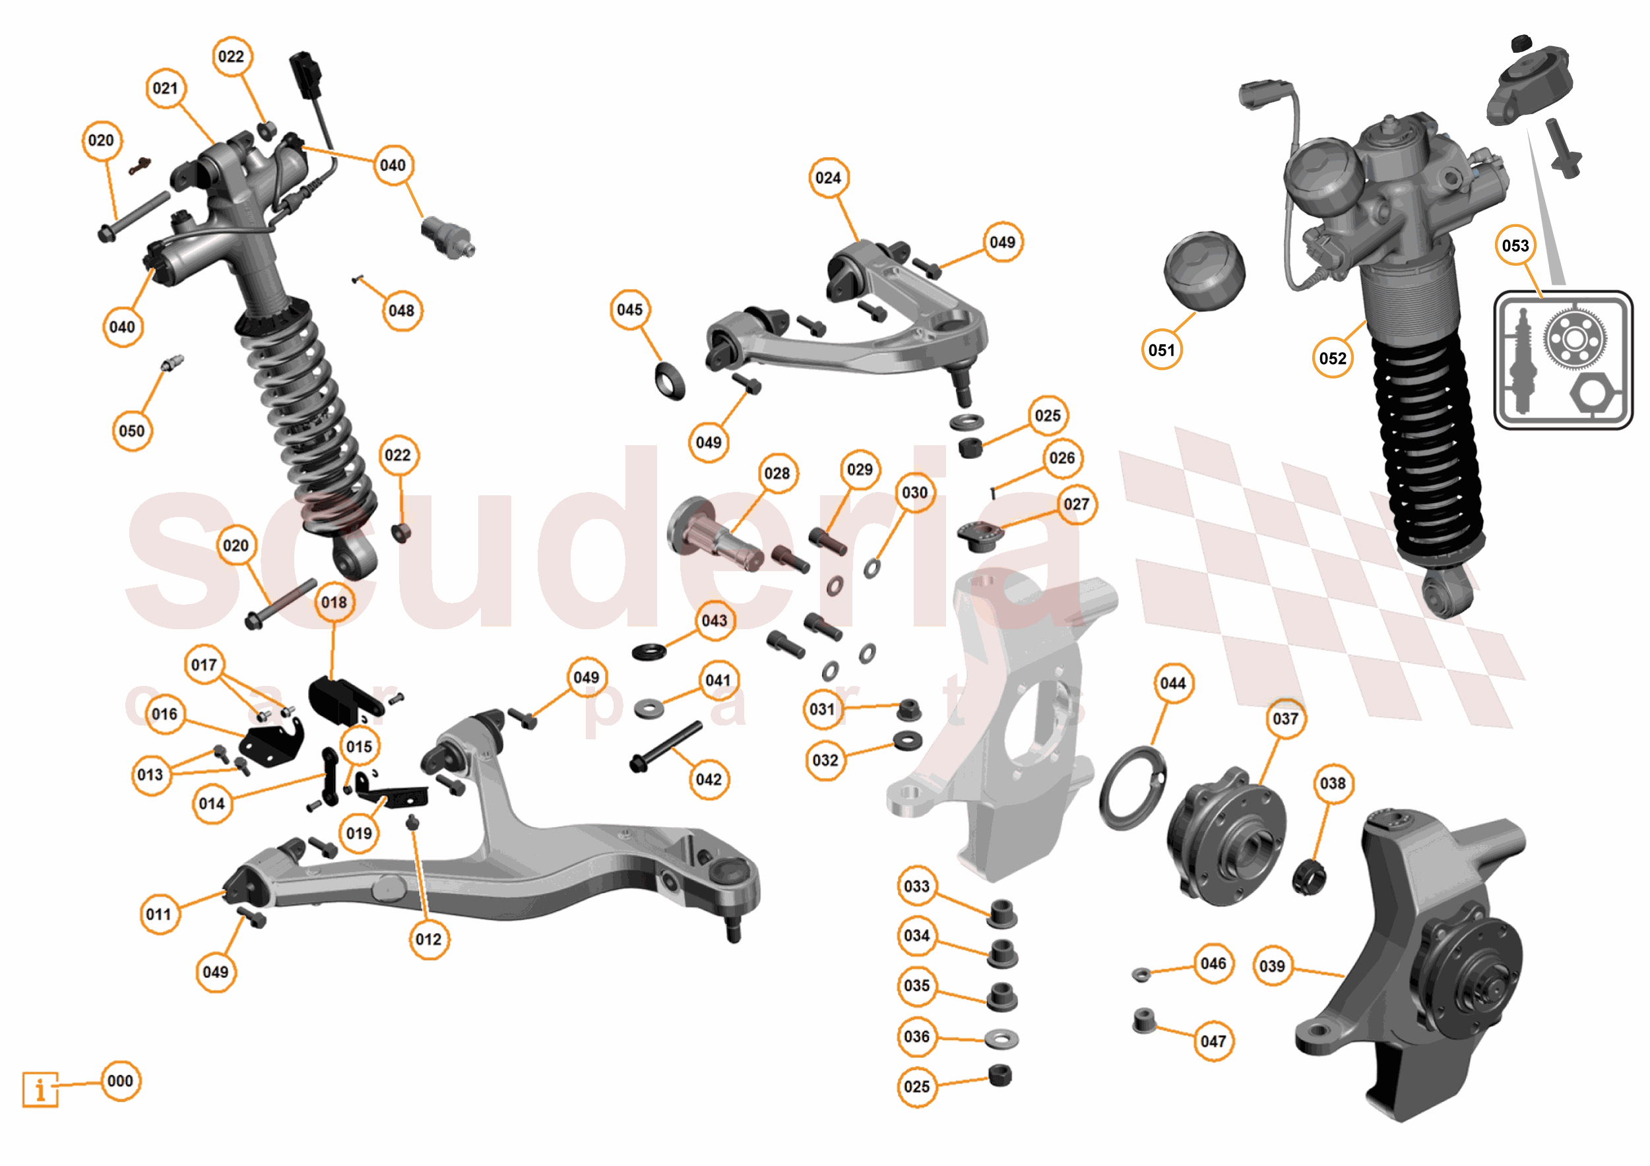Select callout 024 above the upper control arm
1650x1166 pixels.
pyautogui.click(x=828, y=177)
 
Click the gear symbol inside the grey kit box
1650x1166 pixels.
pyautogui.click(x=1574, y=338)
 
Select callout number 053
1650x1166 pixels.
pyautogui.click(x=1515, y=246)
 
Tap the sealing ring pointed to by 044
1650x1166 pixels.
pyautogui.click(x=1133, y=788)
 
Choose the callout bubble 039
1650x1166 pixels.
pyautogui.click(x=1272, y=966)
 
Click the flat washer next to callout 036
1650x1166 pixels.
pyautogui.click(x=1000, y=1039)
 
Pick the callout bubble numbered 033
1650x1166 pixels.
pyautogui.click(x=916, y=886)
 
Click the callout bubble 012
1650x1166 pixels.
pyautogui.click(x=428, y=939)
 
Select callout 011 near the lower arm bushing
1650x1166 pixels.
pyautogui.click(x=159, y=914)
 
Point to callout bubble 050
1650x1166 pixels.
pyautogui.click(x=131, y=431)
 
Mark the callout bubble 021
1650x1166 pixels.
pyautogui.click(x=166, y=88)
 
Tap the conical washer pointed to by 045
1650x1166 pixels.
pyautogui.click(x=670, y=380)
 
